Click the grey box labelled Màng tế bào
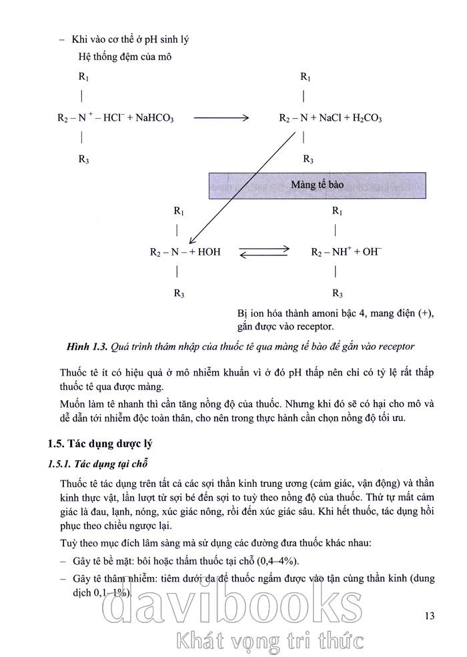pos(317,183)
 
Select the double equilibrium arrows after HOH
pos(265,252)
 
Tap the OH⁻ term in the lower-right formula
pos(372,252)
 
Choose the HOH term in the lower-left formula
pos(208,252)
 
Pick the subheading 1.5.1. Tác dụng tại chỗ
pos(97,463)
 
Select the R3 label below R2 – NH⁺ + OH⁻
pos(337,293)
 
